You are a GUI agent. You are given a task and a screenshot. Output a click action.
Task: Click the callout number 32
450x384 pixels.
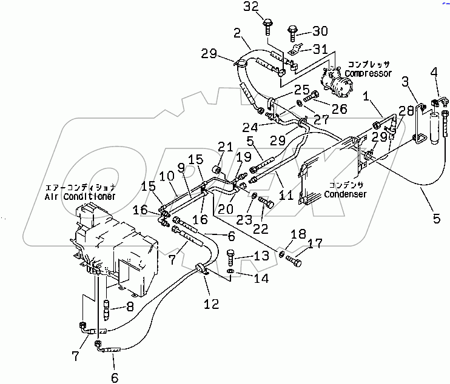267,8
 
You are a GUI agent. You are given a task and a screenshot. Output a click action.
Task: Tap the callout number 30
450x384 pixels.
320,31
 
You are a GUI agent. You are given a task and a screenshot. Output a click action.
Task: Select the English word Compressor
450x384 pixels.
369,73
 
